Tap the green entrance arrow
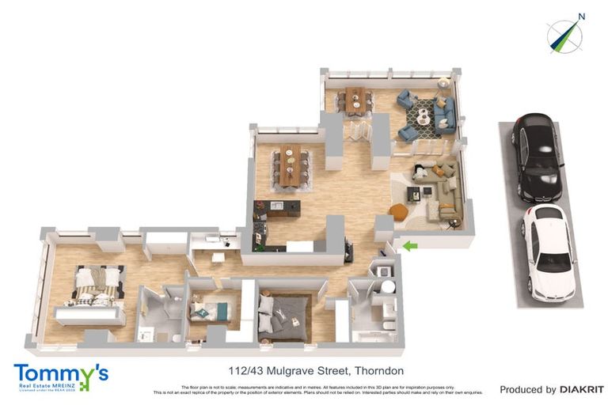coord(409,247)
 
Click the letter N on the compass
coord(582,16)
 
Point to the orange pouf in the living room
coord(397,212)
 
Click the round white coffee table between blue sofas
coord(424,116)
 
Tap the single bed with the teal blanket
coord(209,309)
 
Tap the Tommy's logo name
coord(60,372)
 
